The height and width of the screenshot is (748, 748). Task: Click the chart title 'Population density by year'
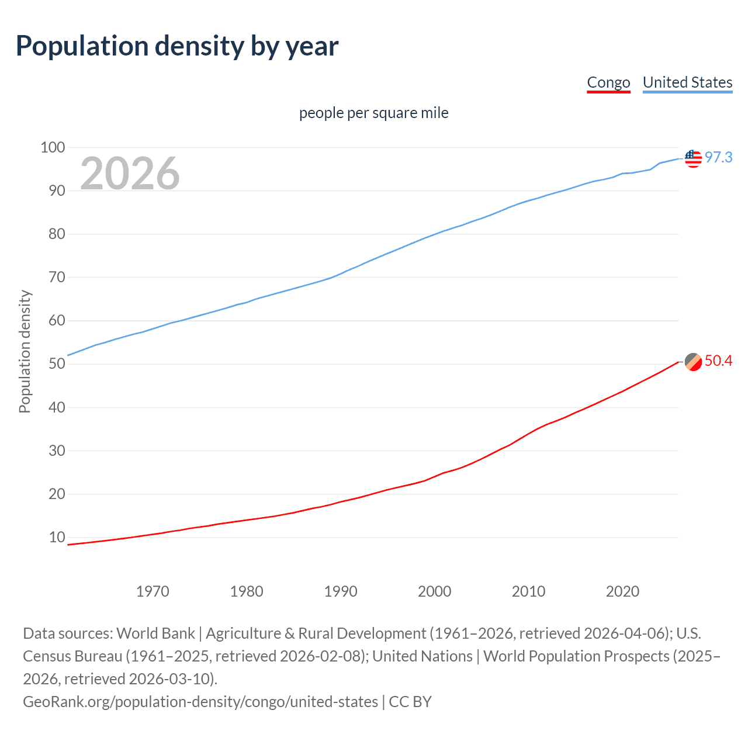click(x=177, y=46)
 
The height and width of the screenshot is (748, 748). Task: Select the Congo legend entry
click(x=608, y=82)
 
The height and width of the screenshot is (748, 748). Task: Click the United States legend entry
click(x=687, y=82)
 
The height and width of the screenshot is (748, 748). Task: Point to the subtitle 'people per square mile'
click(x=373, y=113)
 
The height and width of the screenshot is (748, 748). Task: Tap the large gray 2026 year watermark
click(x=130, y=173)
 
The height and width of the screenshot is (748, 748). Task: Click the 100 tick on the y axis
click(x=53, y=147)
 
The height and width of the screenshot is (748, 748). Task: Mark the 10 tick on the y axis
click(x=57, y=537)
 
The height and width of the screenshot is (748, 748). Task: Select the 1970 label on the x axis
click(x=153, y=591)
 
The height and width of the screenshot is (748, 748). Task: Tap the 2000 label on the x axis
click(x=434, y=591)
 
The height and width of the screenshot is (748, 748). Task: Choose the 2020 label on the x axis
click(x=622, y=591)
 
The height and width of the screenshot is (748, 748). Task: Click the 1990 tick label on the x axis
click(x=341, y=591)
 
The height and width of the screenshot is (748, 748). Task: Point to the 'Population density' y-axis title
click(x=25, y=352)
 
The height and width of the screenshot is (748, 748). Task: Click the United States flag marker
click(x=693, y=158)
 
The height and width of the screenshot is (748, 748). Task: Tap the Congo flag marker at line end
click(x=693, y=362)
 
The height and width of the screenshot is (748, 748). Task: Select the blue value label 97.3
click(x=718, y=157)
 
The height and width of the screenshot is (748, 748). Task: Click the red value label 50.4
click(x=718, y=361)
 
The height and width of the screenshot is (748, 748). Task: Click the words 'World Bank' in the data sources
click(x=155, y=633)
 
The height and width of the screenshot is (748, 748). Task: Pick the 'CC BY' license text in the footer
click(x=410, y=702)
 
